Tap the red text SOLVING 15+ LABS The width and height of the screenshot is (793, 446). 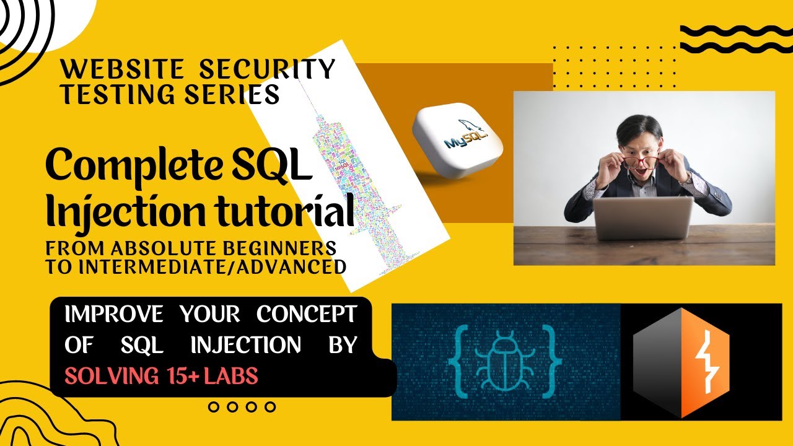point(161,376)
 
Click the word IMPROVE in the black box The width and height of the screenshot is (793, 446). point(115,315)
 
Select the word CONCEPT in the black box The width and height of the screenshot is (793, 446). point(307,315)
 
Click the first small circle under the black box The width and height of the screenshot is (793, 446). point(214,407)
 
